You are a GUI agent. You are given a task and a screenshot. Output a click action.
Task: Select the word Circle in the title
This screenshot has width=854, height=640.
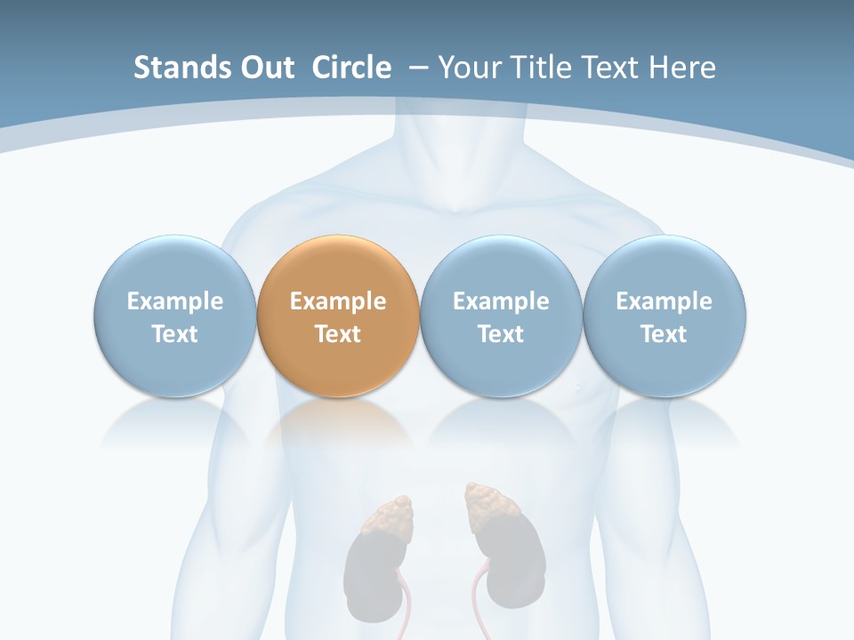(x=351, y=68)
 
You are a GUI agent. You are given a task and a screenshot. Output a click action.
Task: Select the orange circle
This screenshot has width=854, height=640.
(x=338, y=316)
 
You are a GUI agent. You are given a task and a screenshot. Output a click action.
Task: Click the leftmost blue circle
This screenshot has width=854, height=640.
(x=174, y=316)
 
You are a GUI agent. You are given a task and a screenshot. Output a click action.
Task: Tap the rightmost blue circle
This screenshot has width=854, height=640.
(x=665, y=316)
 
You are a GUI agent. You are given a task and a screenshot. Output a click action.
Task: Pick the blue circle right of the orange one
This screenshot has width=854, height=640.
(x=501, y=316)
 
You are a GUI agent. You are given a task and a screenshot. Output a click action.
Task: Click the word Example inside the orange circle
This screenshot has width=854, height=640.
(x=338, y=301)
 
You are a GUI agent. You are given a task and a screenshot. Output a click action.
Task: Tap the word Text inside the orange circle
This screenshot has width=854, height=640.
(x=338, y=334)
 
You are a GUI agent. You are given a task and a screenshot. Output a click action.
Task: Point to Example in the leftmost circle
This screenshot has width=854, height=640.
(x=174, y=301)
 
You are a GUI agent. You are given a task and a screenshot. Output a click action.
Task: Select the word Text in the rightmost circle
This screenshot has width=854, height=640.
(x=665, y=334)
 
